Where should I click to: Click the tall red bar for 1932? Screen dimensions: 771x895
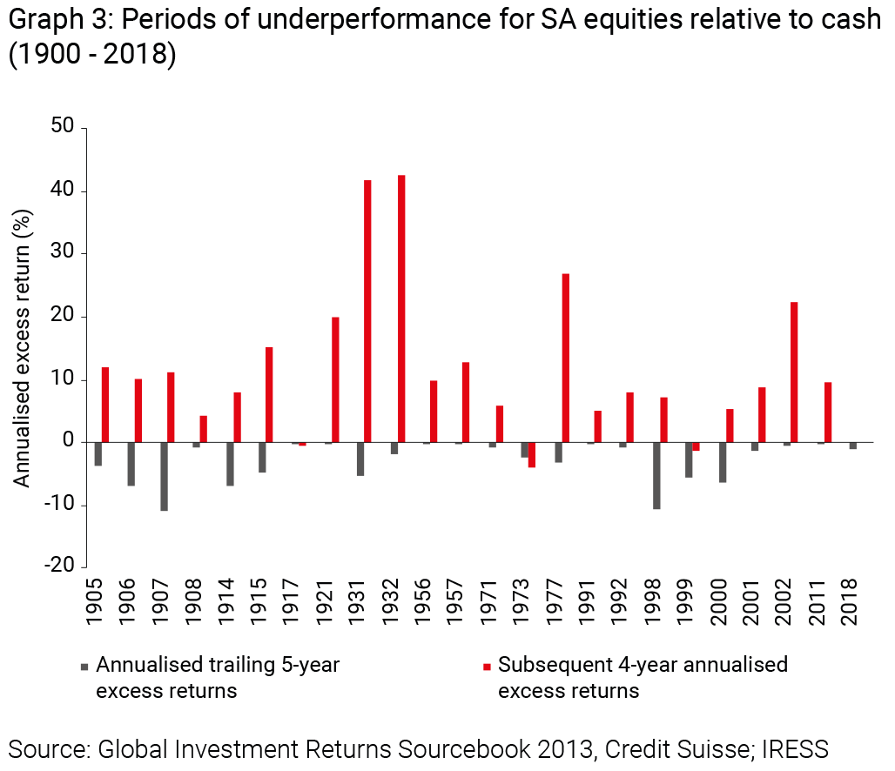(401, 309)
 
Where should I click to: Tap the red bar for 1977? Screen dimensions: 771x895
(565, 358)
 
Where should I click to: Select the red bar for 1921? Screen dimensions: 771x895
(335, 379)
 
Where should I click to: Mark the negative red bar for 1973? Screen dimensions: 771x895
(532, 455)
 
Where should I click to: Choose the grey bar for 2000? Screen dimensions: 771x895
(723, 462)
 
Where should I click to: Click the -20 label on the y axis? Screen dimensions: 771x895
(61, 567)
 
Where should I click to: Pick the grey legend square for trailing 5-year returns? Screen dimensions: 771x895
(84, 667)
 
